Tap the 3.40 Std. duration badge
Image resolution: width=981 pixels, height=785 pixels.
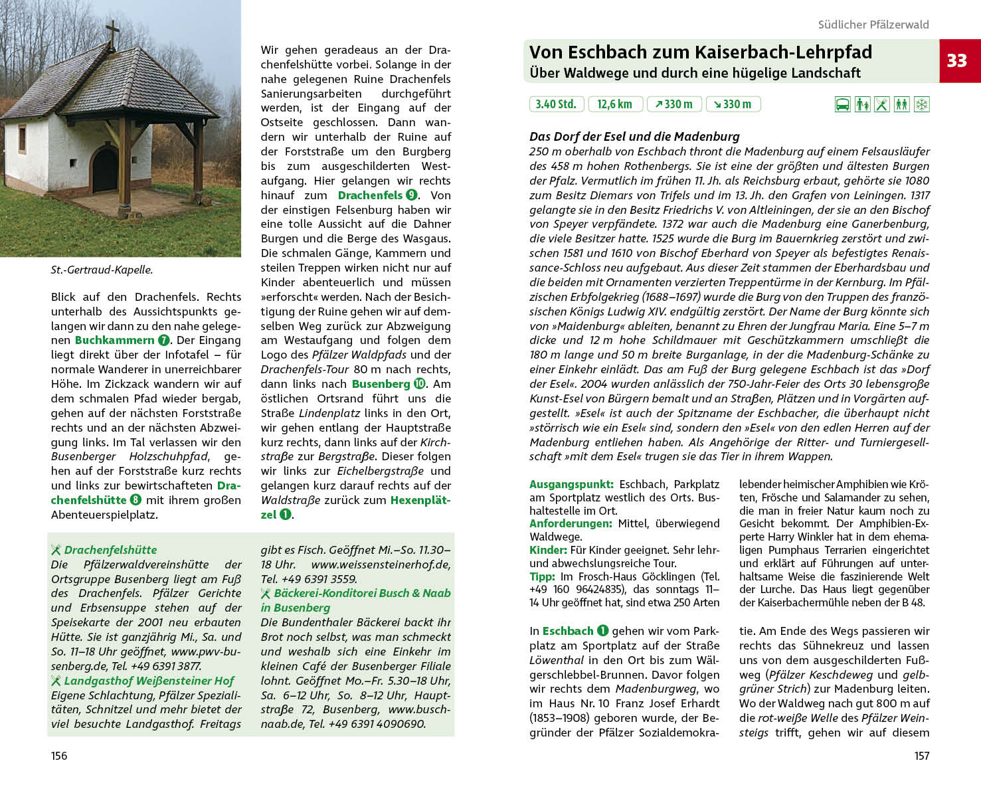(x=557, y=104)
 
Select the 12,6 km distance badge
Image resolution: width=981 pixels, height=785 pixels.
(x=614, y=104)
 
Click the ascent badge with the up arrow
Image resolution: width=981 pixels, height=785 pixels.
(x=673, y=104)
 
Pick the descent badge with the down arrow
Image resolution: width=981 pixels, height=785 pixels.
(x=733, y=104)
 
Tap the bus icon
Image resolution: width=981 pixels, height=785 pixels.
(x=842, y=104)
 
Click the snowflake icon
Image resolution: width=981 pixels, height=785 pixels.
(x=921, y=104)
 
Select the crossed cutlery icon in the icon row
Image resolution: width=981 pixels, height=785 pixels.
(x=881, y=104)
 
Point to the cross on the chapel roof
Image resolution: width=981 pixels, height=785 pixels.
(x=114, y=33)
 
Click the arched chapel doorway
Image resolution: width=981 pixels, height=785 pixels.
(x=105, y=169)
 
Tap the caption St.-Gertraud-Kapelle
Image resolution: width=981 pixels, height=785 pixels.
(x=102, y=270)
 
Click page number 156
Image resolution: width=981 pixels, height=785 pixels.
(x=59, y=756)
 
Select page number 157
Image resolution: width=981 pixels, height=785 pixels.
(x=922, y=756)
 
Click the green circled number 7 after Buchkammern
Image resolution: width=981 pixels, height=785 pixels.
(x=164, y=340)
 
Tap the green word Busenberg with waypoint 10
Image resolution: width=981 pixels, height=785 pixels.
(x=381, y=384)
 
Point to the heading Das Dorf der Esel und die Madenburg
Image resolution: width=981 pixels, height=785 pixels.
(x=634, y=136)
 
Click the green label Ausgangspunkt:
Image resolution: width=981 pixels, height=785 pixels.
(x=571, y=484)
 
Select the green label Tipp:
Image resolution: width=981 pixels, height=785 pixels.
(x=542, y=576)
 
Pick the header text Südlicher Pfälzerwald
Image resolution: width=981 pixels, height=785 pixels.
(x=873, y=25)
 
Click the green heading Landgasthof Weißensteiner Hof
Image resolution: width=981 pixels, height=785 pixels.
(x=149, y=681)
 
